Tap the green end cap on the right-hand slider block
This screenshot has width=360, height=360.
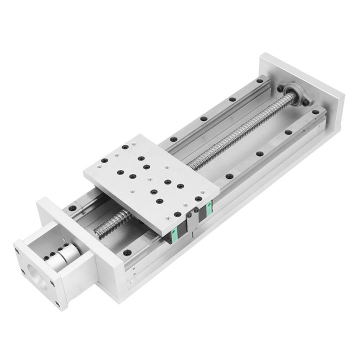pyautogui.click(x=205, y=213)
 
